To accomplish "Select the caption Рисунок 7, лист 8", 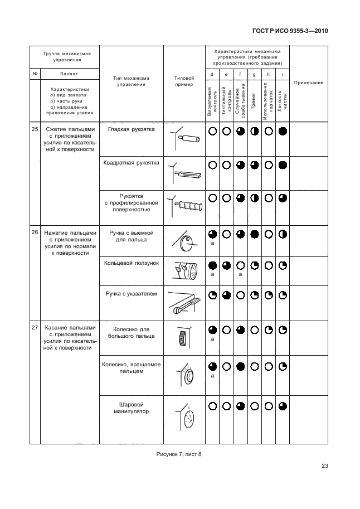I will click(178, 453).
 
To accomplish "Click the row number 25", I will click(35, 130).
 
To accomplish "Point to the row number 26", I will click(35, 232).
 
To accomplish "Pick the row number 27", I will click(35, 328).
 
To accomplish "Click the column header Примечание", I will click(308, 83).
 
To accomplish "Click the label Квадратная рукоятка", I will click(131, 163).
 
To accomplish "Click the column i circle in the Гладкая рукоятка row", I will click(282, 132).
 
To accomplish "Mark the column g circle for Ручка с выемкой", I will click(254, 234).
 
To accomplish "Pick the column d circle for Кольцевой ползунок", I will click(212, 265).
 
